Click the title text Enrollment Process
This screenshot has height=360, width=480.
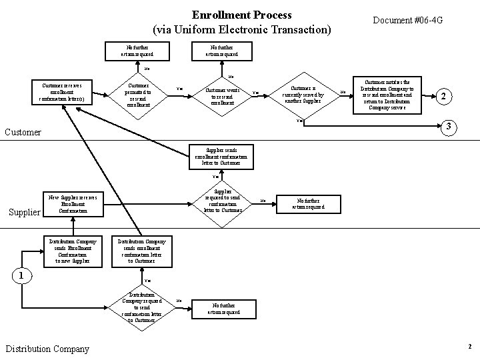(x=241, y=14)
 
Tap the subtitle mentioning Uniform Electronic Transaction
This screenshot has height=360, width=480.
(x=241, y=30)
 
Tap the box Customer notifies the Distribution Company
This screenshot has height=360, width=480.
(x=387, y=94)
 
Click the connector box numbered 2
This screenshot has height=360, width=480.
(x=444, y=96)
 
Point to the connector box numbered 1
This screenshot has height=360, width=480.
(x=22, y=275)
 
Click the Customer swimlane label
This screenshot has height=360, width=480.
(x=23, y=133)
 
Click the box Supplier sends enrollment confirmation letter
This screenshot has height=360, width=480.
(x=221, y=156)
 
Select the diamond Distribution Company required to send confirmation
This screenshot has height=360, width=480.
(x=145, y=307)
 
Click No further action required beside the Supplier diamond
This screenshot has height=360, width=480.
(x=308, y=203)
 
